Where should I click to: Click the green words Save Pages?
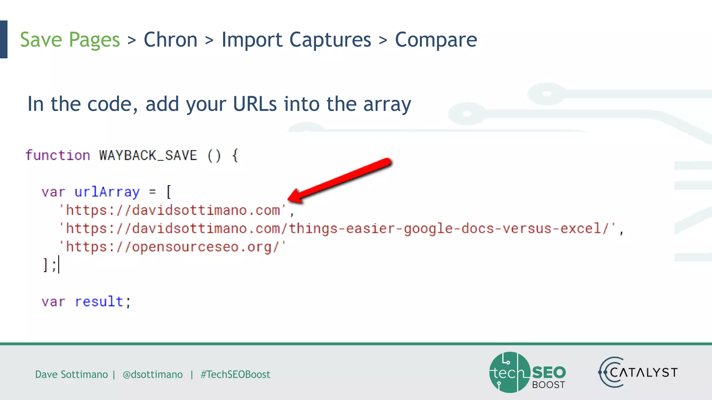click(70, 40)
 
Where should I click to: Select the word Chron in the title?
click(170, 40)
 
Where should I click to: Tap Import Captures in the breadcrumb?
click(296, 40)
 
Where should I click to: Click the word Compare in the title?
click(436, 40)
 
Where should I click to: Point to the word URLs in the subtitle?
click(255, 104)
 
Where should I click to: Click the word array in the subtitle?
click(387, 105)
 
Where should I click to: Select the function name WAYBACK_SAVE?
click(148, 155)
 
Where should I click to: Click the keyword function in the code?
click(58, 155)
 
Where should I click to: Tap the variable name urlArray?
click(107, 192)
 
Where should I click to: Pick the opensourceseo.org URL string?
click(172, 247)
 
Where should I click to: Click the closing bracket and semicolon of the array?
click(49, 266)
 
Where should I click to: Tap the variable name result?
click(99, 302)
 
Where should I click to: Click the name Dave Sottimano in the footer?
click(71, 374)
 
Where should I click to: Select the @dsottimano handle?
click(153, 374)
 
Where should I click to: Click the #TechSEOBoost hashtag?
click(235, 374)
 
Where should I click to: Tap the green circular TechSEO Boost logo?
click(510, 373)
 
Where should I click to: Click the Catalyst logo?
click(638, 373)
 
